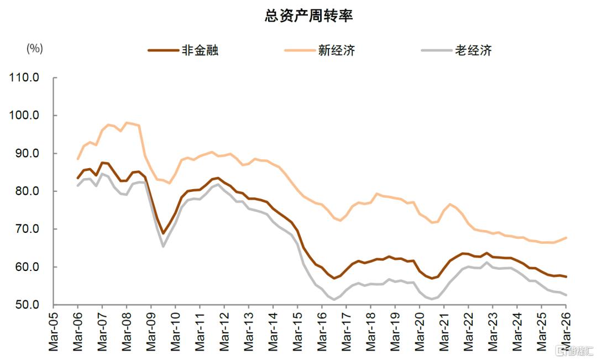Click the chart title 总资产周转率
pyautogui.click(x=309, y=15)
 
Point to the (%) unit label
pyautogui.click(x=35, y=48)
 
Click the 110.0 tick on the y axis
pyautogui.click(x=24, y=77)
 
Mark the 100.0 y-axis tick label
pyautogui.click(x=24, y=115)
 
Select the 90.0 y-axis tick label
pyautogui.click(x=27, y=153)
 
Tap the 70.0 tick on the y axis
pyautogui.click(x=27, y=229)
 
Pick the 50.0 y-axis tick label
pyautogui.click(x=27, y=305)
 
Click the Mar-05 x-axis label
pyautogui.click(x=53, y=331)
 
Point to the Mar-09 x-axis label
pyautogui.click(x=151, y=331)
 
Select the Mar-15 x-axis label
pyautogui.click(x=297, y=331)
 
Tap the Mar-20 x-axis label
pyautogui.click(x=420, y=331)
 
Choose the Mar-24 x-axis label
pyautogui.click(x=517, y=331)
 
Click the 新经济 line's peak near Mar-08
pyautogui.click(x=127, y=123)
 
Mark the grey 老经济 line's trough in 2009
pyautogui.click(x=163, y=247)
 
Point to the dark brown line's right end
pyautogui.click(x=566, y=276)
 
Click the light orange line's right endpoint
pyautogui.click(x=566, y=238)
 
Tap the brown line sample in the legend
pyautogui.click(x=163, y=50)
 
